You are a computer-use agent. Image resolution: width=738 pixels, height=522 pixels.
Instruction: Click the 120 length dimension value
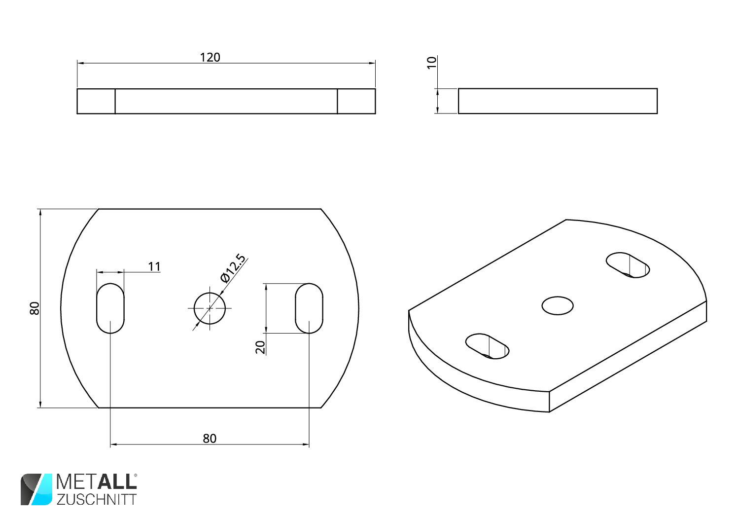(x=210, y=57)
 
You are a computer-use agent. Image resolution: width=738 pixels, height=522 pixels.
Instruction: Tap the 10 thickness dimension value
(x=431, y=63)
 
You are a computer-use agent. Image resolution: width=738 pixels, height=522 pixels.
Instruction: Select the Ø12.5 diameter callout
(x=233, y=268)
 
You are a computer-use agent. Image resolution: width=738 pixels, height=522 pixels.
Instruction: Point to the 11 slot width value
(x=154, y=266)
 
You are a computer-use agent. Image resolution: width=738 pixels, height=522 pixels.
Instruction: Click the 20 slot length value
(x=260, y=347)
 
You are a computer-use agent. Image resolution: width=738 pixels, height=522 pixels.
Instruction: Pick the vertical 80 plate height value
(x=35, y=308)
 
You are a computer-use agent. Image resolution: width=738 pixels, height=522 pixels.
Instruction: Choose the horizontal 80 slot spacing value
(x=210, y=438)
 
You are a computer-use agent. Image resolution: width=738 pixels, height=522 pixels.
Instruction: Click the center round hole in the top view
(x=210, y=308)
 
